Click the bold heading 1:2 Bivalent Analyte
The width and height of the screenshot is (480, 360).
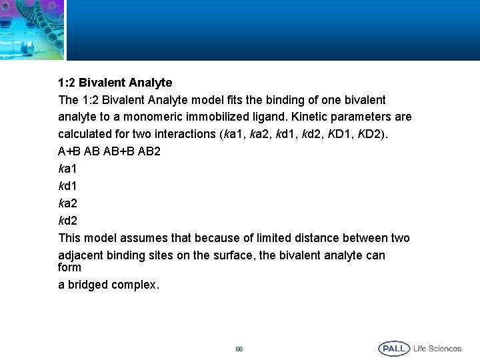pyautogui.click(x=115, y=83)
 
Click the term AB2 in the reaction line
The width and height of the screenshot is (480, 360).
pyautogui.click(x=149, y=151)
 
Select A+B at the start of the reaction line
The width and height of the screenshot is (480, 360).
pyautogui.click(x=69, y=151)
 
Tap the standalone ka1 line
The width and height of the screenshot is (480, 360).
pyautogui.click(x=69, y=169)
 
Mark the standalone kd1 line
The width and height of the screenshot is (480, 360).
pyautogui.click(x=69, y=186)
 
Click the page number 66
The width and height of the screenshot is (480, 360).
pyautogui.click(x=239, y=349)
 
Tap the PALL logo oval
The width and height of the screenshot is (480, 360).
pyautogui.click(x=394, y=349)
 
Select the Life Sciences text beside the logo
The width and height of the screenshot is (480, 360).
pyautogui.click(x=437, y=349)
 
